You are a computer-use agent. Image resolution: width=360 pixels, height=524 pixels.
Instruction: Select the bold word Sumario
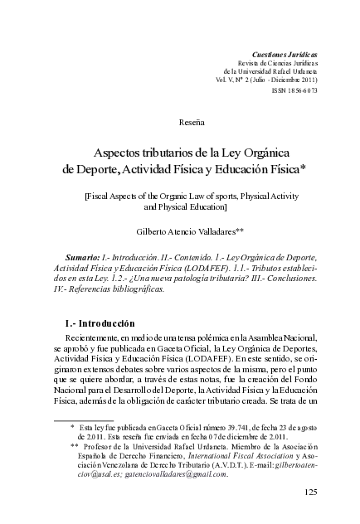pos(82,260)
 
